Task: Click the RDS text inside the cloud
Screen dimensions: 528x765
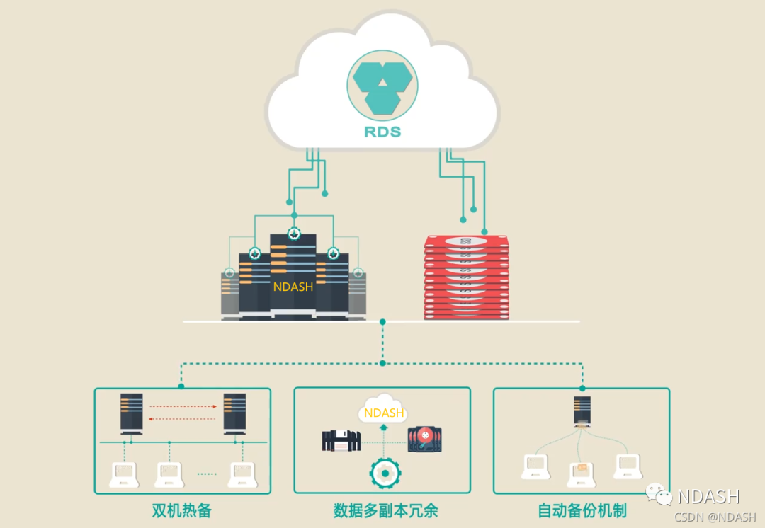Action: pyautogui.click(x=382, y=132)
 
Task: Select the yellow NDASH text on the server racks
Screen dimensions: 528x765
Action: pyautogui.click(x=293, y=287)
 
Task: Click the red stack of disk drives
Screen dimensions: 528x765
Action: pyautogui.click(x=467, y=278)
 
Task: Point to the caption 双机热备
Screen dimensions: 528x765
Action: pyautogui.click(x=182, y=510)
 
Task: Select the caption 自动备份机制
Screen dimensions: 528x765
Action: pyautogui.click(x=582, y=510)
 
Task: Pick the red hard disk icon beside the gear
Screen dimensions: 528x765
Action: pyautogui.click(x=423, y=440)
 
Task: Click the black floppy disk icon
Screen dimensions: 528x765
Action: pyautogui.click(x=341, y=440)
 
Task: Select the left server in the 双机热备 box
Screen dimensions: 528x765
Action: pyautogui.click(x=132, y=413)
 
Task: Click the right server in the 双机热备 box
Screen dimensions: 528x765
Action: pyautogui.click(x=234, y=413)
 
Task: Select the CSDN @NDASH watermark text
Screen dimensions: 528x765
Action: pyautogui.click(x=715, y=517)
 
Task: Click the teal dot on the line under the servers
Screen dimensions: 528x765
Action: pyautogui.click(x=382, y=322)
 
